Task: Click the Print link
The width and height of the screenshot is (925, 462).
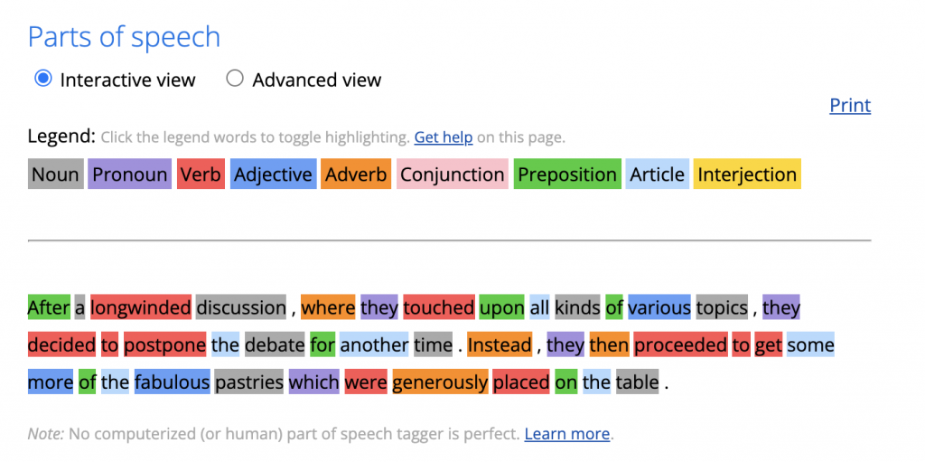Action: (850, 105)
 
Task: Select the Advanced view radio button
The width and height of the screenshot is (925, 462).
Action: (235, 79)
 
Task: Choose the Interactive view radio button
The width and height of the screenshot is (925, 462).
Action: (43, 79)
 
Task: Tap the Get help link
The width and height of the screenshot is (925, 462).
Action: (443, 137)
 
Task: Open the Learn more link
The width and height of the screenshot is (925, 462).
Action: (567, 434)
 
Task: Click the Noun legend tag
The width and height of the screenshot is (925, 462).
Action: (55, 174)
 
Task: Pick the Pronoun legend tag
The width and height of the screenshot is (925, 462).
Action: (130, 174)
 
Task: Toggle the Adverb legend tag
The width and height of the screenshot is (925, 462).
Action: (356, 174)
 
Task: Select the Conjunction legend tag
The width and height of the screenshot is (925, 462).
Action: (453, 174)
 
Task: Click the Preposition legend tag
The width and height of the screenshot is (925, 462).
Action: (567, 174)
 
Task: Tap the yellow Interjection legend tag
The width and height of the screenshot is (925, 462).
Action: (747, 174)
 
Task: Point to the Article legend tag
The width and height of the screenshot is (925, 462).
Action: (658, 174)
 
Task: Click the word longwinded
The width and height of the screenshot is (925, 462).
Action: (141, 307)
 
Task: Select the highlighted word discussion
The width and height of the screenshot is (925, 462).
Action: (240, 307)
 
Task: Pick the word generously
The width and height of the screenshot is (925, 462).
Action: (440, 382)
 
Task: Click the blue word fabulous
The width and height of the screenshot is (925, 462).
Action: (173, 382)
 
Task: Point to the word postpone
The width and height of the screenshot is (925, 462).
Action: (164, 344)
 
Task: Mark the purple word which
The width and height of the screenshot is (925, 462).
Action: (313, 382)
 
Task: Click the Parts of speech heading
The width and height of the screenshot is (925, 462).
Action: (124, 37)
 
